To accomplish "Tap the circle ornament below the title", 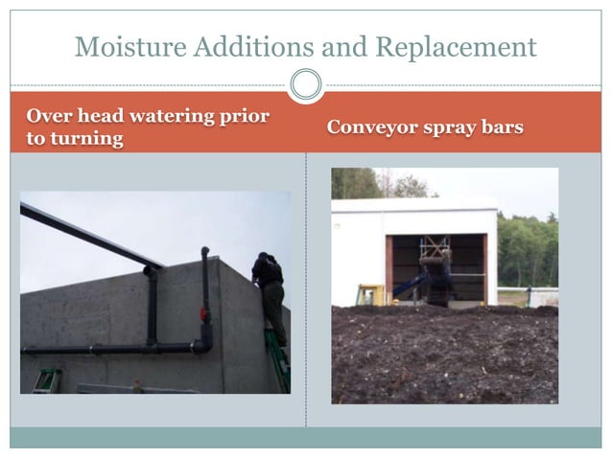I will coord(306,85).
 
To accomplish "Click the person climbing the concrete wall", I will coord(271,287).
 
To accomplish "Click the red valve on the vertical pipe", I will coord(204,314).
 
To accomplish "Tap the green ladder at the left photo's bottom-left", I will coord(45,380).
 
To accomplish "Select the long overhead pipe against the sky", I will coord(91,235).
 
